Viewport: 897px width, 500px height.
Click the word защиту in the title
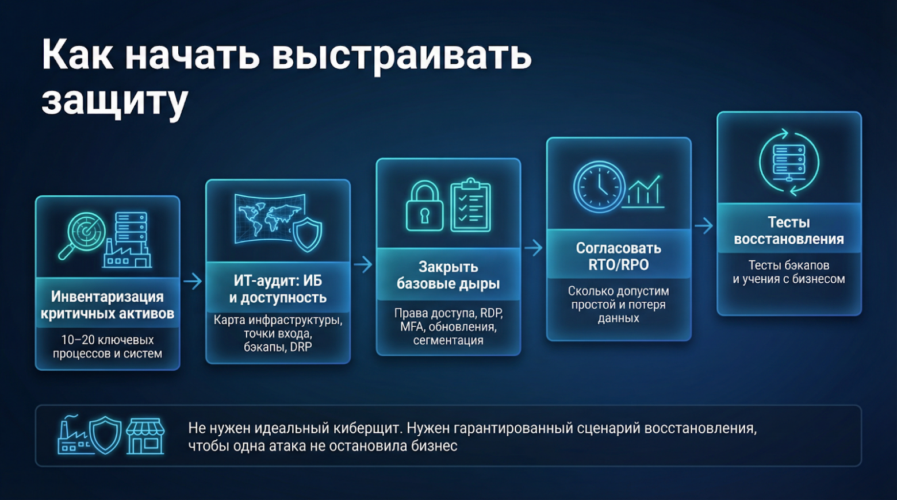(114, 101)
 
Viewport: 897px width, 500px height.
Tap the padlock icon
(424, 206)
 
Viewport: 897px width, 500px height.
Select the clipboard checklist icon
(470, 205)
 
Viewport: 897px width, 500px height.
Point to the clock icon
(599, 187)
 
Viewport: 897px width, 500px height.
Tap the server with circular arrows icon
(789, 161)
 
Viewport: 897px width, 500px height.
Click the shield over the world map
(308, 234)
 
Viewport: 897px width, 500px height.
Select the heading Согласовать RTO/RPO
(618, 256)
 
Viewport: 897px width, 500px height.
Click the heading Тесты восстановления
(788, 230)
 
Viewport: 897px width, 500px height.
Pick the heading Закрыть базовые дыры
(448, 275)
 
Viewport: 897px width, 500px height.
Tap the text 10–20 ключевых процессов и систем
(108, 347)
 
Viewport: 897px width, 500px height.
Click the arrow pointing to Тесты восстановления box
(704, 226)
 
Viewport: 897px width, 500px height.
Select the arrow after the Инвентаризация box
(193, 281)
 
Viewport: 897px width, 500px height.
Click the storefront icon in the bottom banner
(145, 436)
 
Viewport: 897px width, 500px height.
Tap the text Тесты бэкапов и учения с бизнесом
(788, 272)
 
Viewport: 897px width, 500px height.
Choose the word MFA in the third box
(412, 327)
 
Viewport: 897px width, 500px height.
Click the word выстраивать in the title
(401, 55)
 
